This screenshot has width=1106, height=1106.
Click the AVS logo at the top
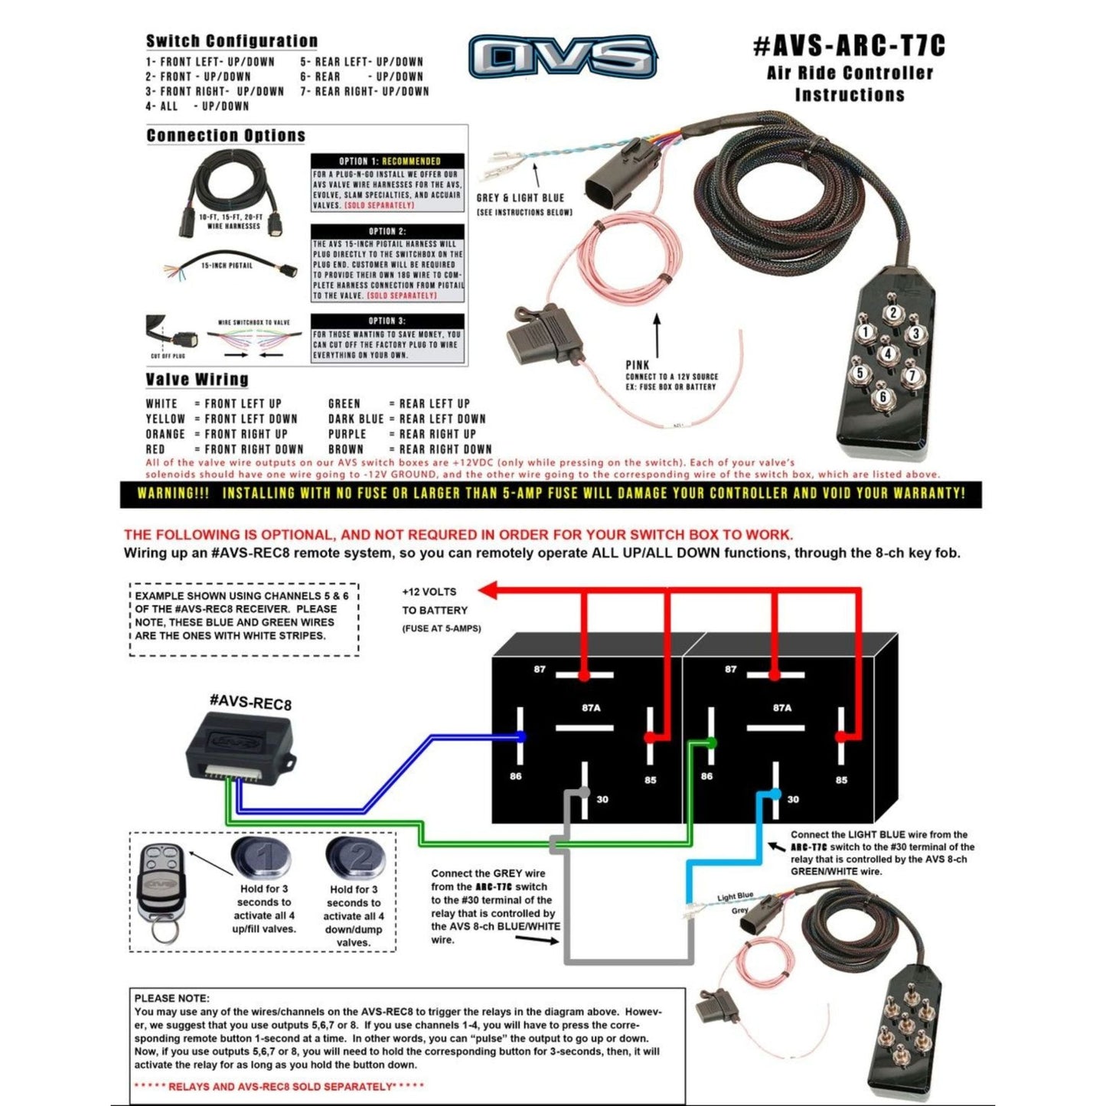tap(563, 57)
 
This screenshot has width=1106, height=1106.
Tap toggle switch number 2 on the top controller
tap(892, 312)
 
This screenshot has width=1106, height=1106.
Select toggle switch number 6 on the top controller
tap(883, 396)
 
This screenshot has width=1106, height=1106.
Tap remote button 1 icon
tap(261, 858)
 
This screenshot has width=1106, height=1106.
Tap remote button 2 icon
tap(356, 858)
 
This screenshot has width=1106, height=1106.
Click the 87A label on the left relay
tap(591, 708)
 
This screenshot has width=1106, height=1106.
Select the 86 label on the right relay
tap(706, 776)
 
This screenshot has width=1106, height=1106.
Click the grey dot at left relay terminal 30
tap(585, 792)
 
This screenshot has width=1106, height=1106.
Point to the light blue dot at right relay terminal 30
tap(776, 793)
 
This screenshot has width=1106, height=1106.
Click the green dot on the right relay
tap(713, 742)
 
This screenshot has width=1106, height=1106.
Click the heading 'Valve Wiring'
tap(197, 380)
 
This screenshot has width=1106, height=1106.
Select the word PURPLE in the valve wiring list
tap(347, 434)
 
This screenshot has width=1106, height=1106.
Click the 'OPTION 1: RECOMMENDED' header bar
tap(388, 161)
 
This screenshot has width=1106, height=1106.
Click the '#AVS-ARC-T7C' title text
tap(849, 47)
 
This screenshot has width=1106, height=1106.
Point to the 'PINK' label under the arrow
tap(637, 365)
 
